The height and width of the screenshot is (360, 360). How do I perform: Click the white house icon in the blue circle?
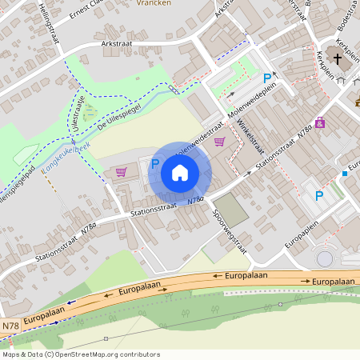pos(180,173)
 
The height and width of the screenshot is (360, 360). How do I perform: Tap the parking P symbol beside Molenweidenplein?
pos(267,78)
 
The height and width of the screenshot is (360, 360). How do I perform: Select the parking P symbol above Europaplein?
pos(319,196)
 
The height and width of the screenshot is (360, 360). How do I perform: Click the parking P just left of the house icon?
pos(155,163)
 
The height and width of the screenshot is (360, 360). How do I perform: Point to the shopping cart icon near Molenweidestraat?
pos(219,142)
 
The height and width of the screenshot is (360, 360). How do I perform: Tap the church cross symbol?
pos(338,59)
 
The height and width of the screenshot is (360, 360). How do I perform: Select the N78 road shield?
pos(10,326)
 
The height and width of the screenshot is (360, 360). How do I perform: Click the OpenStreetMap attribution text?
pos(81,354)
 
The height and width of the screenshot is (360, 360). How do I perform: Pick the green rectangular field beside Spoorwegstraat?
pos(231,209)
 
